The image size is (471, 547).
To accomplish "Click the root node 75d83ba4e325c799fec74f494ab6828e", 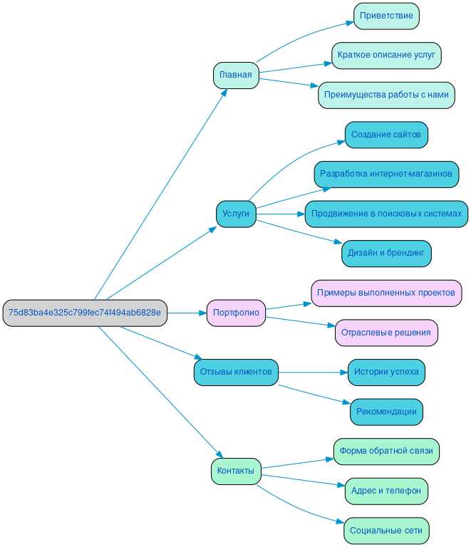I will click(85, 313).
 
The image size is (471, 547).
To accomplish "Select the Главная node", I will click(235, 75).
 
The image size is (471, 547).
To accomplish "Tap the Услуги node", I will click(236, 214).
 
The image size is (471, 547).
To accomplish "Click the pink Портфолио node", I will click(236, 313).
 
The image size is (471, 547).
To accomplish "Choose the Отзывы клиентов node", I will click(236, 372).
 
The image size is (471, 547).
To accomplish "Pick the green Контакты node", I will click(236, 471).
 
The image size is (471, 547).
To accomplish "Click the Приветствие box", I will click(386, 16).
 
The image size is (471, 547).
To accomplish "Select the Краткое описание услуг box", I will click(386, 55).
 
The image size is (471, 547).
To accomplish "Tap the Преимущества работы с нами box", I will click(386, 95).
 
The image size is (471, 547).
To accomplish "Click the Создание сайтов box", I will click(386, 135).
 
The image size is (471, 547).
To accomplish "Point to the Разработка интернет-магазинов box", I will click(386, 174).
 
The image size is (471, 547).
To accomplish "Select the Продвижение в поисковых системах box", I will click(386, 214).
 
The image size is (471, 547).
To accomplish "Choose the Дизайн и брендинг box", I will click(386, 253).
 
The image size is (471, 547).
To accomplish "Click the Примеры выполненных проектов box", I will click(386, 293).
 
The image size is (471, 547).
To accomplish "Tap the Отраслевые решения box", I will click(386, 333).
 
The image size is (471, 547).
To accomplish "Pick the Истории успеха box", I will click(386, 372).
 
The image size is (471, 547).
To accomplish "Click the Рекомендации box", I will click(386, 412).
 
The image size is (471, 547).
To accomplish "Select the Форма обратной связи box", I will click(386, 451).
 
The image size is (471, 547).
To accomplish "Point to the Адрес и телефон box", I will click(386, 491).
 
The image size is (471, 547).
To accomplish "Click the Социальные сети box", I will click(386, 531).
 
